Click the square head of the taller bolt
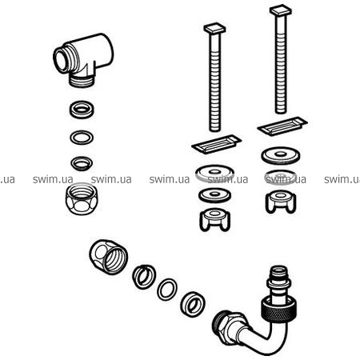(281, 10)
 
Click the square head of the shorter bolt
(214, 28)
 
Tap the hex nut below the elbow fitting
(81, 199)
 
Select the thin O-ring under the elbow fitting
(82, 138)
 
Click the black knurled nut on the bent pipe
(278, 310)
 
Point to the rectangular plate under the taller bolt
(282, 126)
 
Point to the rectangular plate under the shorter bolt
(217, 144)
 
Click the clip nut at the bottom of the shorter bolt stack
(214, 220)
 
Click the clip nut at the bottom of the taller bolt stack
(281, 202)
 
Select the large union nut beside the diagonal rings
(109, 257)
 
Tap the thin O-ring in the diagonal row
(167, 290)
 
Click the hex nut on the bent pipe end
(230, 326)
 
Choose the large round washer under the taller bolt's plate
(281, 155)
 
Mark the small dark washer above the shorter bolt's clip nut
(214, 195)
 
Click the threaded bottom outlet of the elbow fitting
(82, 80)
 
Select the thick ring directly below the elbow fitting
(82, 109)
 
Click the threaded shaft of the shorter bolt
(214, 82)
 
